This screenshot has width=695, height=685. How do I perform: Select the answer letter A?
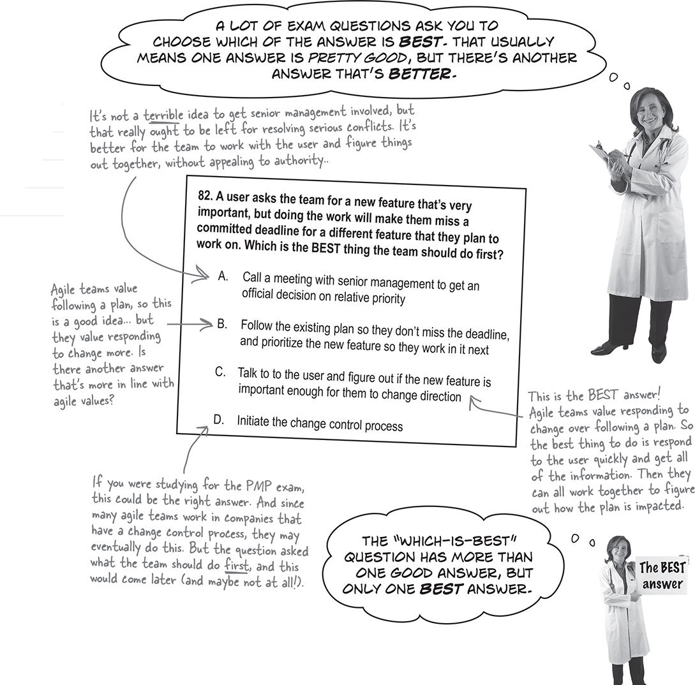(223, 276)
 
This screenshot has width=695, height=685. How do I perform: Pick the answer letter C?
(220, 372)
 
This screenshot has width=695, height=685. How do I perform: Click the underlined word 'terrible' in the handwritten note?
(163, 116)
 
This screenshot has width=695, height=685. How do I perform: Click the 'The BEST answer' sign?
(662, 576)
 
